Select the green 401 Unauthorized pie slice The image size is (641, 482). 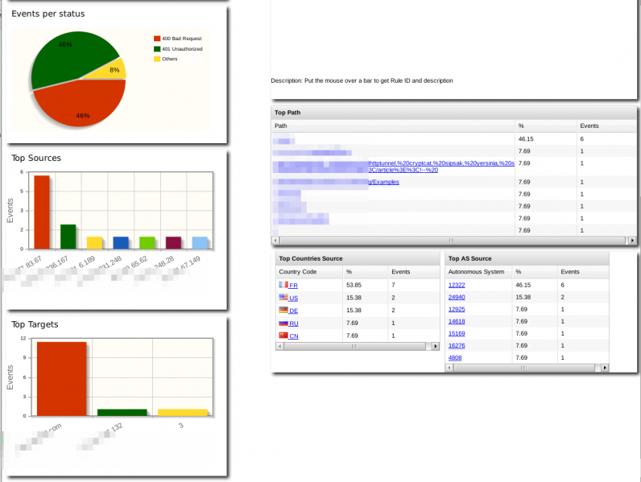pyautogui.click(x=68, y=56)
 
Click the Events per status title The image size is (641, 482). pyautogui.click(x=48, y=14)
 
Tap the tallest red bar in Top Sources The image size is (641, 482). pyautogui.click(x=41, y=212)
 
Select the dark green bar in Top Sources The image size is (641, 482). pyautogui.click(x=68, y=237)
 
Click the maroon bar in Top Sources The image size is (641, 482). pyautogui.click(x=173, y=242)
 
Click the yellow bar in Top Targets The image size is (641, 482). pyautogui.click(x=182, y=412)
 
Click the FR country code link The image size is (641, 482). pyautogui.click(x=293, y=286)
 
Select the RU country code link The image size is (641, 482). pyautogui.click(x=293, y=323)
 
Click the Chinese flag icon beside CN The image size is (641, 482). pyautogui.click(x=283, y=336)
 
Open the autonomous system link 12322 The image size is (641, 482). pyautogui.click(x=456, y=285)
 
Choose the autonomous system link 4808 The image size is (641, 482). pyautogui.click(x=455, y=357)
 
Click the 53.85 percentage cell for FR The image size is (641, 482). pyautogui.click(x=354, y=285)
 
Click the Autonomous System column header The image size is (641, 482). pyautogui.click(x=476, y=272)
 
